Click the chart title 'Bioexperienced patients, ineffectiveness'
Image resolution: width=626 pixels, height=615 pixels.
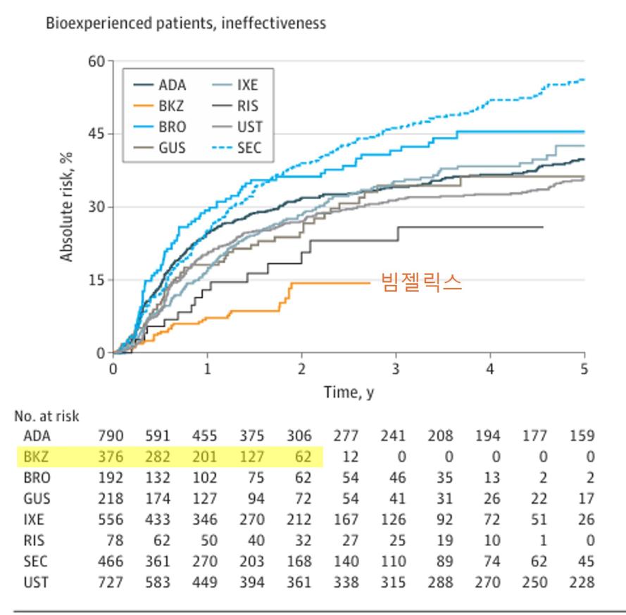point(186,23)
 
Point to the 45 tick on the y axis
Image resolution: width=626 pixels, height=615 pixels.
point(95,134)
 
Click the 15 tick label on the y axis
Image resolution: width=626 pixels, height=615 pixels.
point(95,280)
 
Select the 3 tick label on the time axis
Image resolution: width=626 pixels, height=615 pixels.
point(396,369)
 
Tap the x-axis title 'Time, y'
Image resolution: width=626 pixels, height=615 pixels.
point(349,392)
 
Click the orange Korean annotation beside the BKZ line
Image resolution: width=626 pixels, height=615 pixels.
point(421,282)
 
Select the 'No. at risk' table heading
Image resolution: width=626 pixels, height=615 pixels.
point(46,417)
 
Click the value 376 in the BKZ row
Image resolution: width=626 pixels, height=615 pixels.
point(111,457)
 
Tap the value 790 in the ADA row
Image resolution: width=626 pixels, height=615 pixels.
point(111,436)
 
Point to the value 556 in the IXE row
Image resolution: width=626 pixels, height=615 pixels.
point(111,520)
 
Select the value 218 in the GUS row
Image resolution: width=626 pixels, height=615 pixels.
point(111,499)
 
